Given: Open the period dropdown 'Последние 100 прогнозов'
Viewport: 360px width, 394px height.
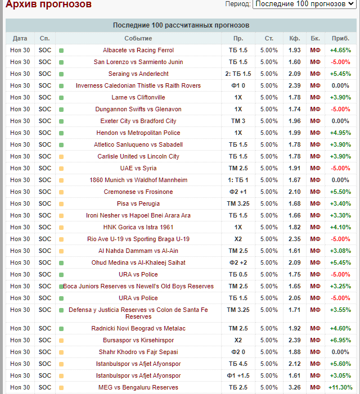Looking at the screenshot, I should point(307,4).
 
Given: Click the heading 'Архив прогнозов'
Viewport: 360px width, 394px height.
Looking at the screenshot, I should point(48,4).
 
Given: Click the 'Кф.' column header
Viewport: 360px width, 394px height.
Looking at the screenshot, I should point(294,38).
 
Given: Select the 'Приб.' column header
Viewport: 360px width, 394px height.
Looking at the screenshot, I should point(340,38).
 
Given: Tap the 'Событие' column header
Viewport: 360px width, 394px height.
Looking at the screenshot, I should point(138,38).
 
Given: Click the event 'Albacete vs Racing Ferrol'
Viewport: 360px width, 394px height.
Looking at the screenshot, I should point(138,50).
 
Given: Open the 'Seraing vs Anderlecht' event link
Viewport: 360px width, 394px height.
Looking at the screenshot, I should point(138,74).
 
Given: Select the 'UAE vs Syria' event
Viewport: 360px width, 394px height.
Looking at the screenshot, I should point(138,168).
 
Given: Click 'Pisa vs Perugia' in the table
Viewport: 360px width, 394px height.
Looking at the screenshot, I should point(138,203).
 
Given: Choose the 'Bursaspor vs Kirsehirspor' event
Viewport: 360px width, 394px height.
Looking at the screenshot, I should point(138,340).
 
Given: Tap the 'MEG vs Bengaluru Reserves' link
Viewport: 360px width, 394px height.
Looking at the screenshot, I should point(138,387).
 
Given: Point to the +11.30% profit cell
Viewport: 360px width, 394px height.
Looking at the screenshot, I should point(340,387).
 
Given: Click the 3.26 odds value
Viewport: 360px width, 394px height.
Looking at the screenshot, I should point(295,387).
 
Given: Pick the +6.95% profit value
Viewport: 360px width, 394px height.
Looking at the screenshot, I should point(340,340).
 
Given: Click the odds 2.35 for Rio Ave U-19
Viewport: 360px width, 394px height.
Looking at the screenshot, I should point(295,239).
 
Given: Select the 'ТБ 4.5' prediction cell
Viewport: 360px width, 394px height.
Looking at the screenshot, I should point(238,364).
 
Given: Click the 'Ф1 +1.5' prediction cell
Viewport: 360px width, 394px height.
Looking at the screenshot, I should point(238,375).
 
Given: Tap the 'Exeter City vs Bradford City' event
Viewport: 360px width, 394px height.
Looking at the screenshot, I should point(138,121).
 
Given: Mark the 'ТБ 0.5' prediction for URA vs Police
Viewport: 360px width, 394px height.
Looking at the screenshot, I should point(238,274).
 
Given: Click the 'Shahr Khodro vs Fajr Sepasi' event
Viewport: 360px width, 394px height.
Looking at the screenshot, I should point(138,352).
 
